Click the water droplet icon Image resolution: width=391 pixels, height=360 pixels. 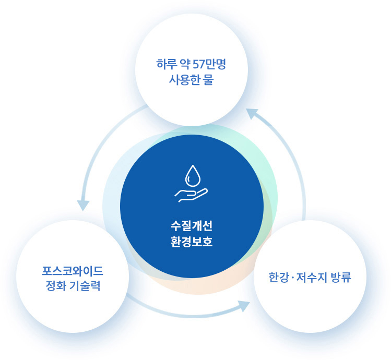pyautogui.click(x=193, y=175)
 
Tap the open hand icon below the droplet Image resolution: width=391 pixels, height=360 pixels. pyautogui.click(x=191, y=195)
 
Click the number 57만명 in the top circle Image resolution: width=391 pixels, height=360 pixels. pyautogui.click(x=209, y=64)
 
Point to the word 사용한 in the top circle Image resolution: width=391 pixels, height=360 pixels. pyautogui.click(x=182, y=80)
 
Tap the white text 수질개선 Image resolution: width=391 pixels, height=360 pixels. pyautogui.click(x=192, y=226)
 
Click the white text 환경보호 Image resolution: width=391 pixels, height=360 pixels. pyautogui.click(x=192, y=242)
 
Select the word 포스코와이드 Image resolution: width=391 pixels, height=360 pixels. pyautogui.click(x=73, y=271)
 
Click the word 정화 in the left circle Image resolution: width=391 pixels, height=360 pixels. pyautogui.click(x=55, y=286)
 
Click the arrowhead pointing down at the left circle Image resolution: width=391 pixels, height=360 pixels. pyautogui.click(x=83, y=205)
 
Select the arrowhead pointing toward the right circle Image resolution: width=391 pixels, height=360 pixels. pyautogui.click(x=244, y=306)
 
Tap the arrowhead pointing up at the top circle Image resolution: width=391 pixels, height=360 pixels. pyautogui.click(x=252, y=114)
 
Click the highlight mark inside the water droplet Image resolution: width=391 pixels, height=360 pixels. pyautogui.click(x=189, y=179)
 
